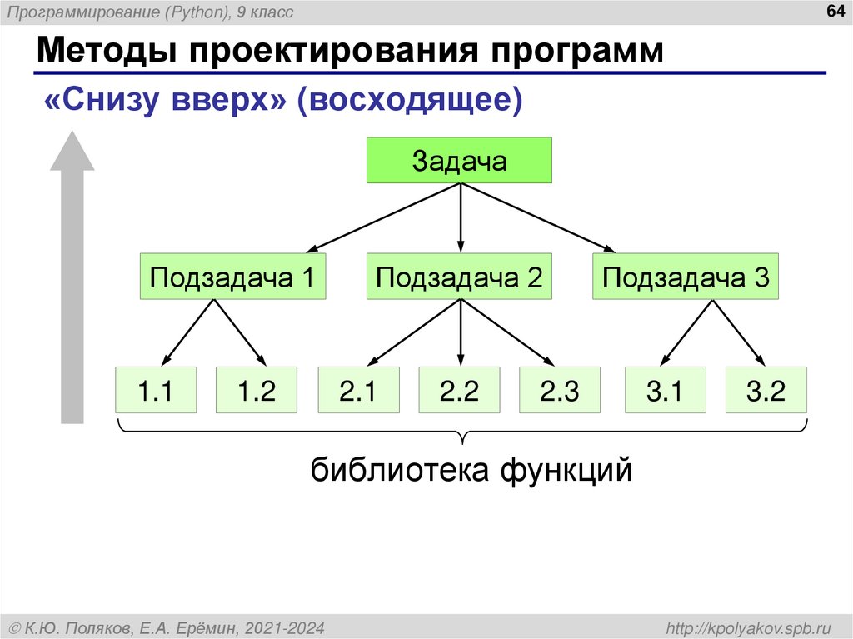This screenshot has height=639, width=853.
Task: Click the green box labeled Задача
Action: coord(459,161)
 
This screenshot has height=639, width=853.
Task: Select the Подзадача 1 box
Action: coord(232,277)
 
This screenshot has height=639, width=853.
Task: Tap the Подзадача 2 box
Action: coord(459,277)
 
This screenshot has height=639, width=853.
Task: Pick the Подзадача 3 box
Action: coord(686,277)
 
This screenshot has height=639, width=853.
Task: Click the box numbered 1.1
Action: coord(156,390)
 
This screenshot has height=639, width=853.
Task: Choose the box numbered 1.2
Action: coord(257,390)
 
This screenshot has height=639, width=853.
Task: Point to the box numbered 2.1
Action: coord(358,390)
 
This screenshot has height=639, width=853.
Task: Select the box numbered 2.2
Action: coord(459,390)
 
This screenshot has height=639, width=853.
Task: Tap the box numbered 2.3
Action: coord(560,390)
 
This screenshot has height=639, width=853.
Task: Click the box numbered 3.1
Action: coord(665,390)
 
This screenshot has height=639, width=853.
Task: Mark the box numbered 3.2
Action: coord(766,390)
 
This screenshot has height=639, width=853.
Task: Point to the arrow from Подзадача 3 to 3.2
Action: coord(739,332)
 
